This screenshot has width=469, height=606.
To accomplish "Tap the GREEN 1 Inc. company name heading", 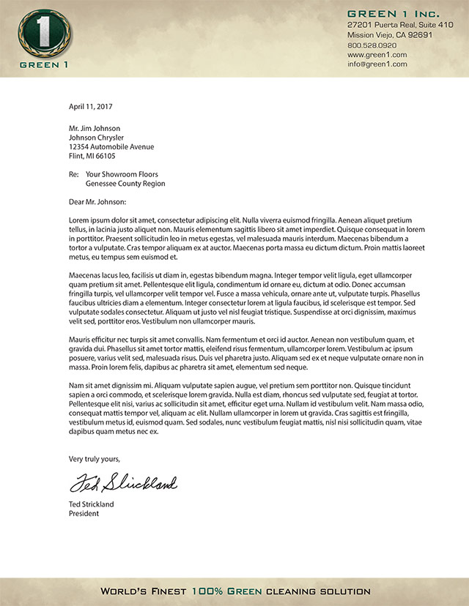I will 393,14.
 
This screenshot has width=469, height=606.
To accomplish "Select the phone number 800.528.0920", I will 372,45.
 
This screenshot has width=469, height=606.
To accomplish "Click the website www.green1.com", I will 377,54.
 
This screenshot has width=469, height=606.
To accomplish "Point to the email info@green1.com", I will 377,64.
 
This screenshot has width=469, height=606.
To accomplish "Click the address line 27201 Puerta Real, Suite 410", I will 400,25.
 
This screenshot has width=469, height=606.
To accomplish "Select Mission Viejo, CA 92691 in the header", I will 389,34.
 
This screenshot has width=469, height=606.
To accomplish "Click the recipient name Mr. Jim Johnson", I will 95,128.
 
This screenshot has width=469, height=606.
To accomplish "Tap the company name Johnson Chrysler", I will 96,138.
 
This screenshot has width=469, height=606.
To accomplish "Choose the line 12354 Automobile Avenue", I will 111,146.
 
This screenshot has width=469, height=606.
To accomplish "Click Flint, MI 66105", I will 92,156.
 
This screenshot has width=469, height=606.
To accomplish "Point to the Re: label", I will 73,175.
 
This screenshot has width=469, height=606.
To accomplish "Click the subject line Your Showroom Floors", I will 122,175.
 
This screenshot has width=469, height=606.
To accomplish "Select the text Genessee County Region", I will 125,184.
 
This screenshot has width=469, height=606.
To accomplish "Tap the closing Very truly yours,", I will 95,459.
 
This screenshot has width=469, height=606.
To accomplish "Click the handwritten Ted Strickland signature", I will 123,482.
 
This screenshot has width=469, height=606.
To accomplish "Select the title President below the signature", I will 84,514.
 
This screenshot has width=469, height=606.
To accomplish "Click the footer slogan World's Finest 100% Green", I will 234,591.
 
